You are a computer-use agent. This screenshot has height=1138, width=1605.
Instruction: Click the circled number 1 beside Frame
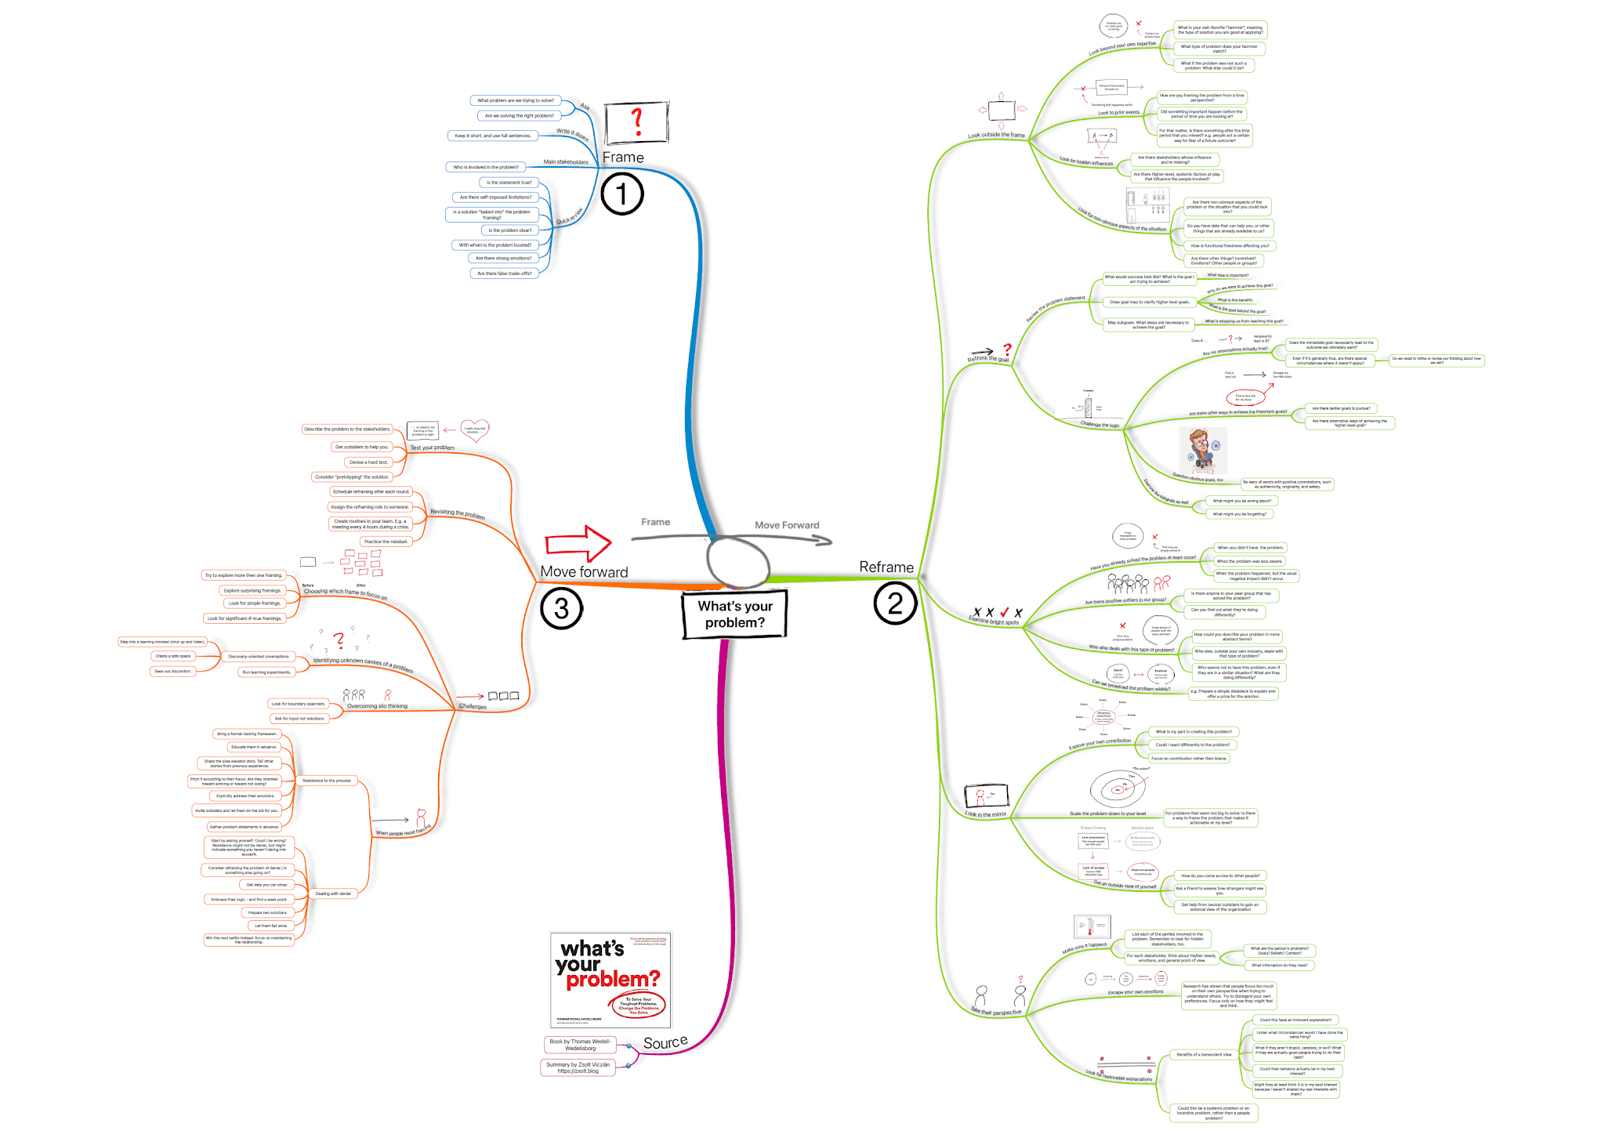pos(622,194)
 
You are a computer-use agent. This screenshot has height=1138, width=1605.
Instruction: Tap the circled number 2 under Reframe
pos(895,603)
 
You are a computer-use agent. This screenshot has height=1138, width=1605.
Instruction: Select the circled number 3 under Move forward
pos(561,608)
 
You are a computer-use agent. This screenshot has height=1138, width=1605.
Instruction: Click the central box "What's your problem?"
pos(734,614)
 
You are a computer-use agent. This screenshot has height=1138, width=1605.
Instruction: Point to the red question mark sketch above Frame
pos(637,123)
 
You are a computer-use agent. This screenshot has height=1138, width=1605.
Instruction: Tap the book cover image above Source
pos(610,980)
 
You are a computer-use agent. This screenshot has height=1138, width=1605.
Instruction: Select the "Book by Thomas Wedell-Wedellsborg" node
pos(580,1045)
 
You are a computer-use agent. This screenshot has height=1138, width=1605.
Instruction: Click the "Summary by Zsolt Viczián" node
pos(578,1067)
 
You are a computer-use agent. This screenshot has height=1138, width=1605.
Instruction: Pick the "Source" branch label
pos(665,1042)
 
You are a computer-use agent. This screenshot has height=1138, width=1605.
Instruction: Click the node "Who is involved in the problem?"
pos(485,167)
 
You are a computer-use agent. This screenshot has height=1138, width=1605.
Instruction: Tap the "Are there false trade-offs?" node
pos(504,274)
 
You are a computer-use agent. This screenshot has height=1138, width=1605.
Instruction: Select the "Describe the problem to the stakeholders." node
pos(346,429)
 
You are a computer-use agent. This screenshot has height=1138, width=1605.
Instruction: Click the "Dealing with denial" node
pos(333,893)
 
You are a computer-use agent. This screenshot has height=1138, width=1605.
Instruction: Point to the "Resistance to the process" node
pos(327,781)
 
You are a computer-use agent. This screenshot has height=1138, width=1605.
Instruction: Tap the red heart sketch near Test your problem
pos(474,429)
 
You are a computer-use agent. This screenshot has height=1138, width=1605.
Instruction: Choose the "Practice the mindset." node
pos(386,542)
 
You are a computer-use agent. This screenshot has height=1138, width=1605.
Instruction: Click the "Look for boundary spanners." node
pos(298,704)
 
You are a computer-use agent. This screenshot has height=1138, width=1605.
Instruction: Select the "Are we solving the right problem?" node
pos(519,116)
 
